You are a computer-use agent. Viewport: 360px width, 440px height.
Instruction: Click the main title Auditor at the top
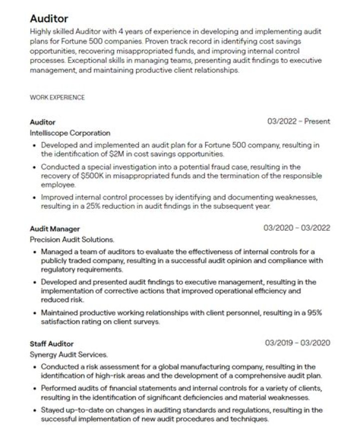click(48, 19)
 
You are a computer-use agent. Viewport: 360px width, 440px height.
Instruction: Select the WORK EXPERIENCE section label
click(57, 97)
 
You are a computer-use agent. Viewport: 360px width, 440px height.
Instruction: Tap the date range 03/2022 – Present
click(298, 121)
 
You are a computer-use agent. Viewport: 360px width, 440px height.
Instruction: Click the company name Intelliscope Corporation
click(70, 133)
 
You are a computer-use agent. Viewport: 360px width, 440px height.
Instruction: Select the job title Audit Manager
click(54, 229)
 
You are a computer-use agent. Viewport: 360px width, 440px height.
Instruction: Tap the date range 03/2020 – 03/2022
click(296, 228)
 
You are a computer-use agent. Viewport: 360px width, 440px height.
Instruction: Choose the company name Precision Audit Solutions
click(72, 240)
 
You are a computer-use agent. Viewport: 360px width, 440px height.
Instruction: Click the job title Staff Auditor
click(51, 344)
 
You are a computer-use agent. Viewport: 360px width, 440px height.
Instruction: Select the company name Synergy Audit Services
click(68, 355)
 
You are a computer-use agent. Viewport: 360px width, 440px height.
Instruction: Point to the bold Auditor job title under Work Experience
click(42, 122)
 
